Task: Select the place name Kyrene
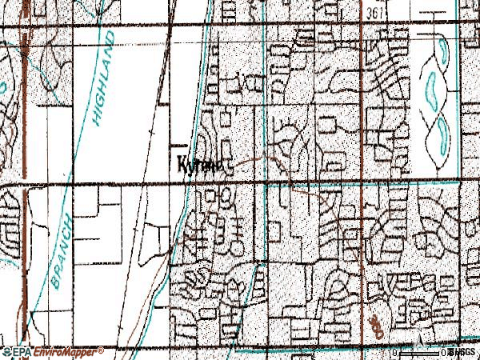(201, 165)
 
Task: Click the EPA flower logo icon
(7, 352)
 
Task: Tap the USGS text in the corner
(462, 352)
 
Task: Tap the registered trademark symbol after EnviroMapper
(101, 350)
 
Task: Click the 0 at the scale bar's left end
(394, 353)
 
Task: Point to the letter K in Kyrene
(182, 164)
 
